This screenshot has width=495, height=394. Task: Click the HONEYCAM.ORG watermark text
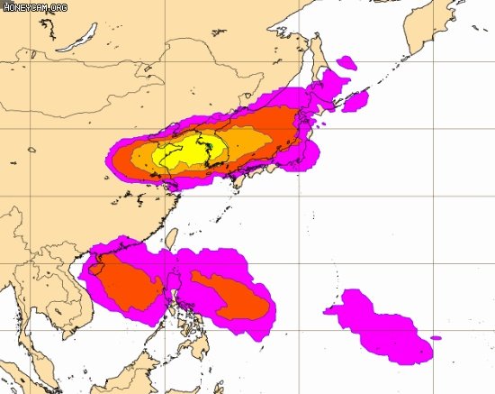[x=34, y=7]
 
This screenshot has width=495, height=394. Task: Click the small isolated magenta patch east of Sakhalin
[x=346, y=64]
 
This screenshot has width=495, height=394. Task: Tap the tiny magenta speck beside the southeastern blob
[x=436, y=338]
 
